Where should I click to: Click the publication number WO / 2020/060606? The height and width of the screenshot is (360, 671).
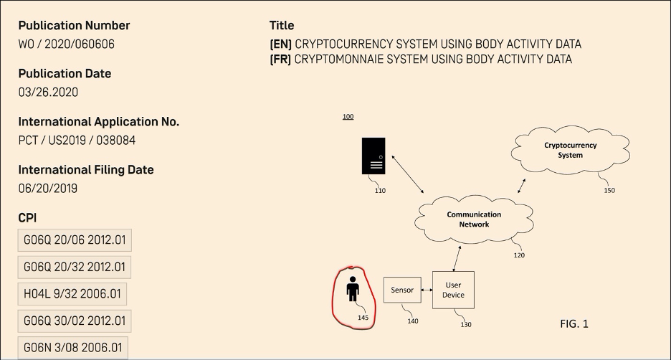[x=67, y=44]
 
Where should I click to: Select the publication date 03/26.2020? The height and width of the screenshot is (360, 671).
[x=49, y=93]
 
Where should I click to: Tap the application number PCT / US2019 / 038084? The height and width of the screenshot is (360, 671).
[x=77, y=141]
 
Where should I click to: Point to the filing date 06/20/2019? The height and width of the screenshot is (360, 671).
[x=48, y=189]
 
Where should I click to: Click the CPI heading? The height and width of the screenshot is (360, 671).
[x=27, y=217]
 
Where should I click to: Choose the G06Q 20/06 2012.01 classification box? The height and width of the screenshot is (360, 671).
[x=75, y=240]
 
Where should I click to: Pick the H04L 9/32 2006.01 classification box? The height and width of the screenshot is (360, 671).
[x=72, y=294]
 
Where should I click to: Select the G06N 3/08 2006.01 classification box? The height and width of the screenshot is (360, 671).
[x=75, y=347]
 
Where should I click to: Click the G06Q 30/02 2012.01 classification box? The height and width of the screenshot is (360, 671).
[x=75, y=321]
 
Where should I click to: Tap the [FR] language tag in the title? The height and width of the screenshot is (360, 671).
[x=280, y=60]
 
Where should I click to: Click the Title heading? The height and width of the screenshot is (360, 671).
[x=282, y=26]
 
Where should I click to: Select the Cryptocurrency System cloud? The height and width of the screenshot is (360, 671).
[x=570, y=151]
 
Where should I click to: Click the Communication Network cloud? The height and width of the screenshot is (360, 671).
[x=474, y=219]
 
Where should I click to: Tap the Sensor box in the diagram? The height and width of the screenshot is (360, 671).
[x=401, y=290]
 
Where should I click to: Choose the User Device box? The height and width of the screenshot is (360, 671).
[x=453, y=290]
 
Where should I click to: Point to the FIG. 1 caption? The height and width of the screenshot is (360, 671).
[x=574, y=324]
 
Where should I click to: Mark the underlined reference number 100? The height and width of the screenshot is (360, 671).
[x=348, y=117]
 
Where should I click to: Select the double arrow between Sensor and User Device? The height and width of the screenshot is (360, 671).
[x=426, y=290]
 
